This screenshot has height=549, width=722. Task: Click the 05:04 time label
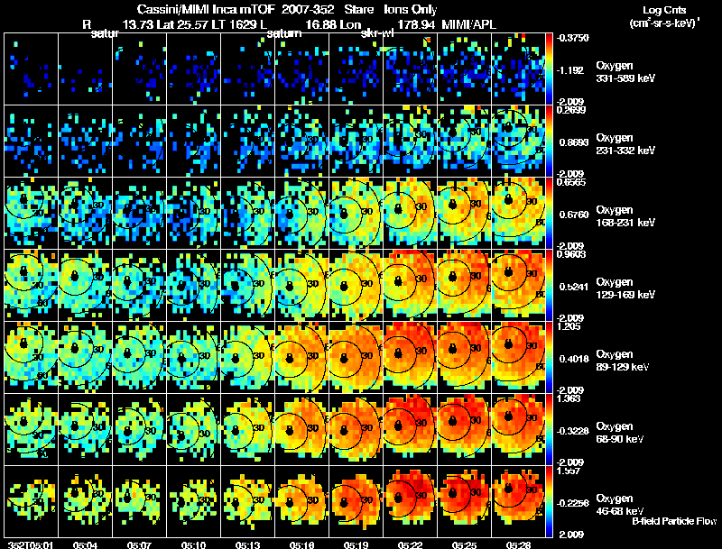pos(87,544)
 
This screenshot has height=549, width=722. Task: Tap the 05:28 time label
pos(519,544)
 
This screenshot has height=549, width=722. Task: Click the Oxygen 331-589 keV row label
pos(625,72)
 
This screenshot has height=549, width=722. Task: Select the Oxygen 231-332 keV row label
pos(625,144)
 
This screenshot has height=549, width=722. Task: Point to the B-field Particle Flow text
pos(673,521)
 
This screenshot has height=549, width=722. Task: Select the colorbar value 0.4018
pos(575,359)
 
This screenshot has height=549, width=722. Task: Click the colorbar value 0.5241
pos(575,287)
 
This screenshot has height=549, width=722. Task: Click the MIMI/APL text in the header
pos(470,24)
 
